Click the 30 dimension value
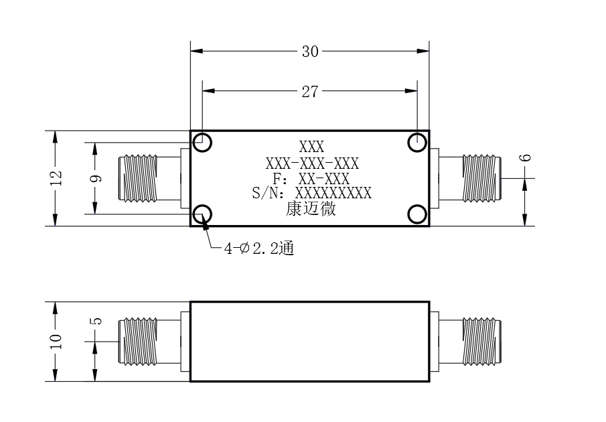(310, 52)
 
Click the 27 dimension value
(310, 92)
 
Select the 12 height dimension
(56, 178)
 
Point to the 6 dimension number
(525, 157)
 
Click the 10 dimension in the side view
(56, 342)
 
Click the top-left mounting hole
(202, 142)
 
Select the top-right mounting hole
(417, 142)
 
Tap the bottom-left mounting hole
(202, 214)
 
